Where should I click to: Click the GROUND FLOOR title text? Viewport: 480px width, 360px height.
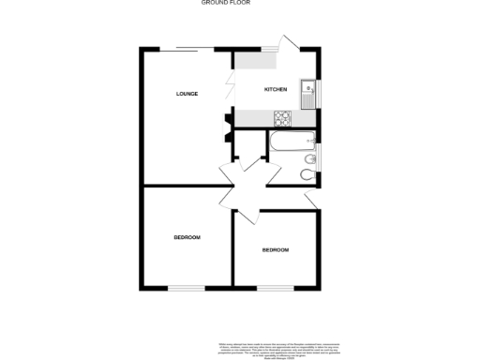click(x=226, y=3)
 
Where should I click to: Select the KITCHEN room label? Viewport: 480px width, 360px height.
click(x=275, y=89)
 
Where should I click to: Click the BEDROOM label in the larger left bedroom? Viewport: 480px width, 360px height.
click(x=187, y=237)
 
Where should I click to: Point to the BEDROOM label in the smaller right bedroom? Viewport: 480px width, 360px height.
click(x=275, y=249)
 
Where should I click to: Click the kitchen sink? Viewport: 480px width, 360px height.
click(x=307, y=93)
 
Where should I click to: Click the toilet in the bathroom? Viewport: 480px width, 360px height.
click(x=307, y=175)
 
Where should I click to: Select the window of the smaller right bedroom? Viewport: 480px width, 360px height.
click(x=275, y=287)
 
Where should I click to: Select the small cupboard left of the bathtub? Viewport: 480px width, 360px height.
click(x=248, y=145)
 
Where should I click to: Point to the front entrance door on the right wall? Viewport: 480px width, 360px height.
click(x=314, y=199)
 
